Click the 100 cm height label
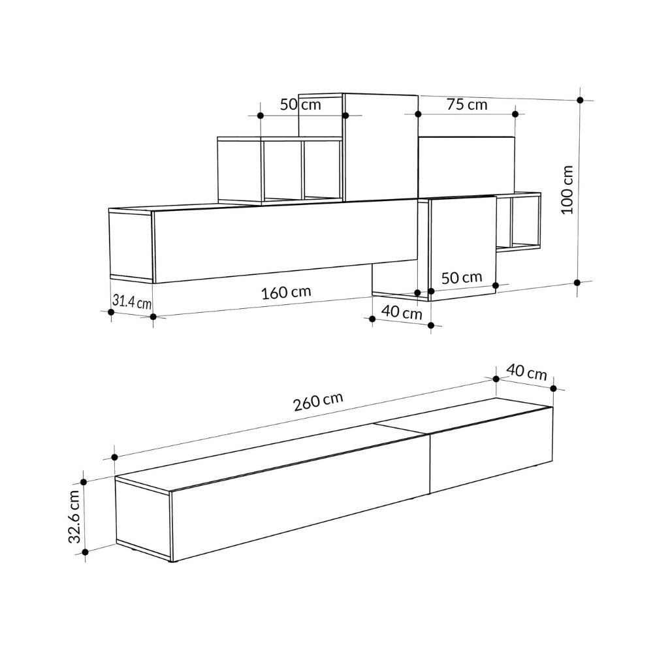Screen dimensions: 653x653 click(567, 189)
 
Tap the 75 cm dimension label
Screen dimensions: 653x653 click(467, 104)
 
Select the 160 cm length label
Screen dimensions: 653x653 click(286, 293)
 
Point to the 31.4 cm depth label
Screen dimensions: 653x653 click(132, 301)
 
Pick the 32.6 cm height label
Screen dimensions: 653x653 click(74, 517)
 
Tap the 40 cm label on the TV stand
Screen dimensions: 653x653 click(526, 372)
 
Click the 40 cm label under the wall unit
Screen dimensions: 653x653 click(402, 312)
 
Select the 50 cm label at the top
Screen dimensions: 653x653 click(300, 104)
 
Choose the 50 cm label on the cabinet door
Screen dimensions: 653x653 click(462, 278)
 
